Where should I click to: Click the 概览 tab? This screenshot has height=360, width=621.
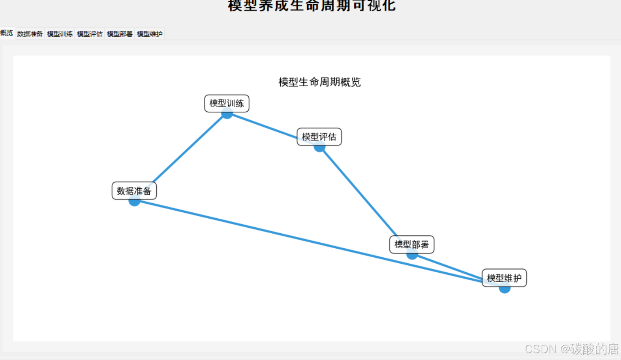pyautogui.click(x=7, y=33)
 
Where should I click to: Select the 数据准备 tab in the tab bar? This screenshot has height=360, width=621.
pyautogui.click(x=30, y=34)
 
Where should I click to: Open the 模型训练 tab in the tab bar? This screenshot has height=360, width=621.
pyautogui.click(x=60, y=34)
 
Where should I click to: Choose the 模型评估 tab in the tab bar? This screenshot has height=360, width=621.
pyautogui.click(x=90, y=34)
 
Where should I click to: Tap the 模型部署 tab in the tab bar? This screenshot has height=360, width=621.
pyautogui.click(x=120, y=34)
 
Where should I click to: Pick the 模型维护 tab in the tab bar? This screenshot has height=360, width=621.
pyautogui.click(x=150, y=34)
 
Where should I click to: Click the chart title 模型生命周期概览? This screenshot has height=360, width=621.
pyautogui.click(x=319, y=82)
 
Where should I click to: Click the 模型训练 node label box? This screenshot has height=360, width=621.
pyautogui.click(x=226, y=103)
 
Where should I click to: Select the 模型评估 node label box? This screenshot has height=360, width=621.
pyautogui.click(x=319, y=137)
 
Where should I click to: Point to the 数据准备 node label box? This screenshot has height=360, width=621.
pyautogui.click(x=134, y=190)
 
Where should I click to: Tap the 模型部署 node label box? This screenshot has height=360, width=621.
pyautogui.click(x=411, y=244)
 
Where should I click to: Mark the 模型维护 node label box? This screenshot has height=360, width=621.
pyautogui.click(x=504, y=278)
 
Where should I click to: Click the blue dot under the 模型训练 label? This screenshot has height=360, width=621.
pyautogui.click(x=227, y=114)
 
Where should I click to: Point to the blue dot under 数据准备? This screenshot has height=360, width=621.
pyautogui.click(x=134, y=202)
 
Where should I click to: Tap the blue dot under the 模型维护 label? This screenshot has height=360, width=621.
pyautogui.click(x=505, y=289)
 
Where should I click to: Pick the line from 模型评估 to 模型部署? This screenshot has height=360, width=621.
pyautogui.click(x=360, y=193)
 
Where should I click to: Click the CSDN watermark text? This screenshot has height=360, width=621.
pyautogui.click(x=572, y=349)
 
